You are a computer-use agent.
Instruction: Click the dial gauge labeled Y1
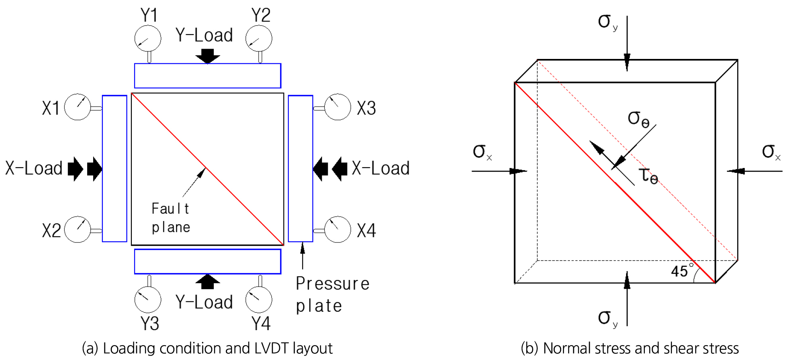tap(148, 39)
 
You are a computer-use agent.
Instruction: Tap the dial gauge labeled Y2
tap(259, 39)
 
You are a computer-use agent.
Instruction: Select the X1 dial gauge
tap(78, 107)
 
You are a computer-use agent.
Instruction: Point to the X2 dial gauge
tap(78, 229)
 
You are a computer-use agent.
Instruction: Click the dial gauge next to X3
tap(338, 107)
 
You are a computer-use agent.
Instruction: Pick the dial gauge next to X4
tap(338, 229)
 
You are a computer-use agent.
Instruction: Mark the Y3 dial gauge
tap(148, 299)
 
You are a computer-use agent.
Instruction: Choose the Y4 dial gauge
tap(259, 299)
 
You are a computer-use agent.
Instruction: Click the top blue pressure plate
tap(208, 76)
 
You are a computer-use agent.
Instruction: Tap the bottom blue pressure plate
tap(208, 262)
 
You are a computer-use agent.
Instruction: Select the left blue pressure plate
tap(115, 168)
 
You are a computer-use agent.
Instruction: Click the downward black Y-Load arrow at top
tap(208, 56)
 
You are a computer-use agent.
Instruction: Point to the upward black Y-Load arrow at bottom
tap(208, 281)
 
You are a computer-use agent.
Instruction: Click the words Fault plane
tap(171, 218)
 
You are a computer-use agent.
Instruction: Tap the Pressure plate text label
tap(333, 295)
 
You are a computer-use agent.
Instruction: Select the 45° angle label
tap(682, 270)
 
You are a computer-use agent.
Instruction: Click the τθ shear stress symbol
tap(648, 176)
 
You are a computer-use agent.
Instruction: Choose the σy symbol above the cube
tap(608, 22)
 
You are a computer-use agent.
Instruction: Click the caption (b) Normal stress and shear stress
tap(630, 348)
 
